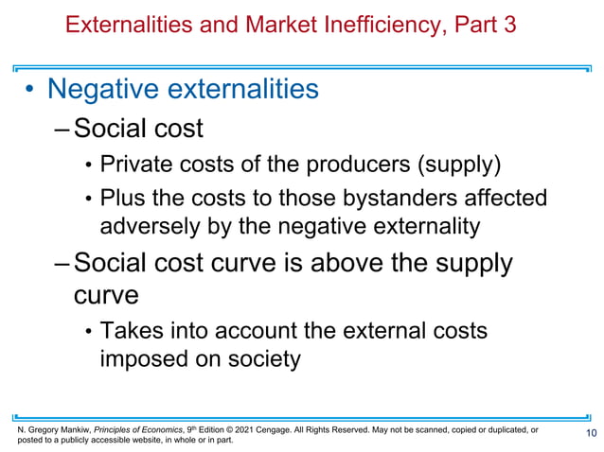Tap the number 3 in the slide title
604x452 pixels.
point(509,25)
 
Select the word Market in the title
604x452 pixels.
point(289,25)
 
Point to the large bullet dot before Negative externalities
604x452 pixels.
point(30,91)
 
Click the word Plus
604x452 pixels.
point(123,200)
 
